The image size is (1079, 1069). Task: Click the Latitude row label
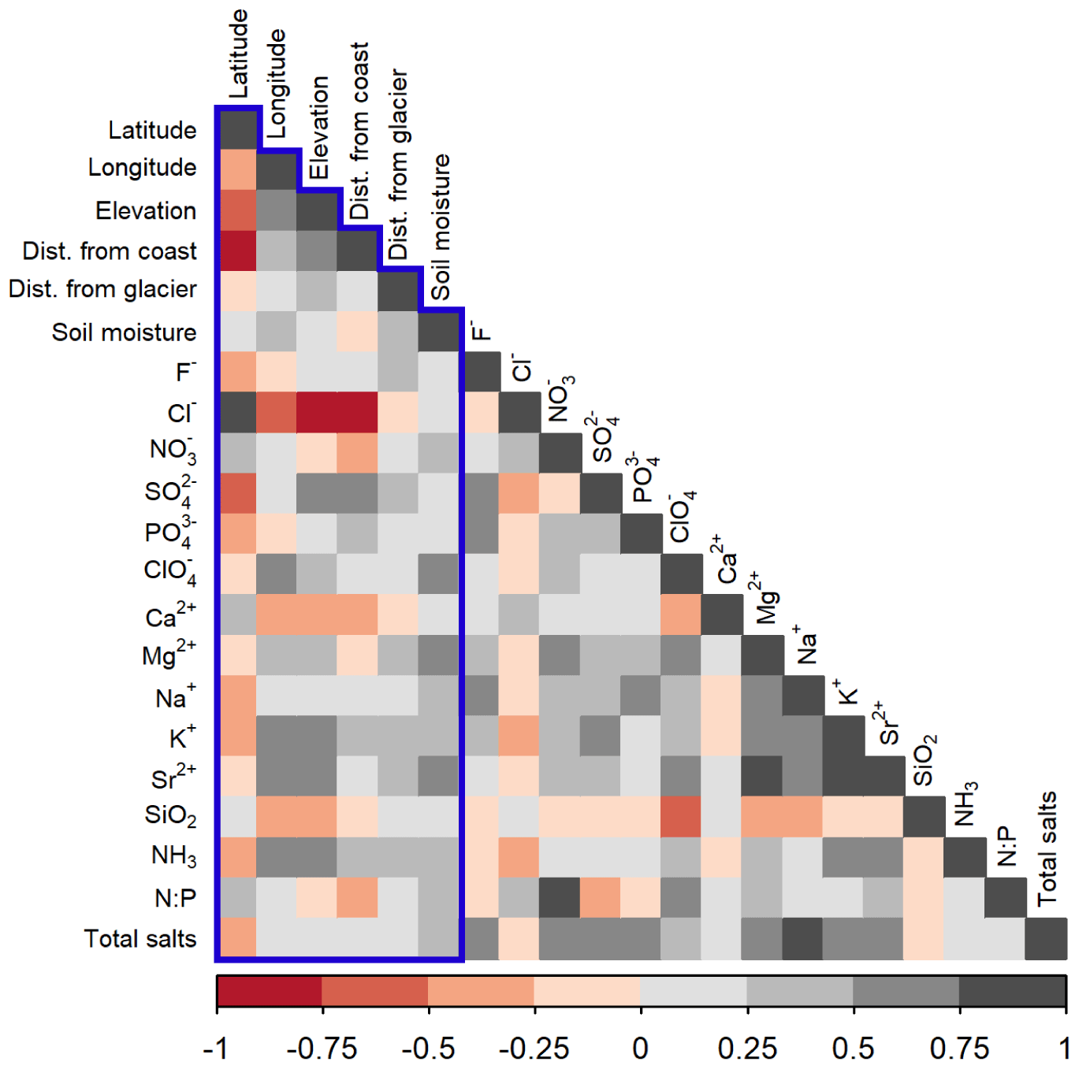point(152,130)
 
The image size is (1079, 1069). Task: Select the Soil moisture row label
point(124,332)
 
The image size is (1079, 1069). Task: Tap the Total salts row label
point(140,938)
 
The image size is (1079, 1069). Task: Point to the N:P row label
point(175,897)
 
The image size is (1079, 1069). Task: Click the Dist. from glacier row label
point(102,289)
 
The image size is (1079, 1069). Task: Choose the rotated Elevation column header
point(318,128)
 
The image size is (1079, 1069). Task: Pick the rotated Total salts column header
point(1047,848)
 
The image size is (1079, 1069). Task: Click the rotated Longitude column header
point(277,84)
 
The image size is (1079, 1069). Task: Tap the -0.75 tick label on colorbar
point(322,1049)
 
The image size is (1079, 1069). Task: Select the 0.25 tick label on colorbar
point(746,1049)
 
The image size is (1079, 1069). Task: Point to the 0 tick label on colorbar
point(640,1049)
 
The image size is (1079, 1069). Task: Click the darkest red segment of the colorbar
point(270,991)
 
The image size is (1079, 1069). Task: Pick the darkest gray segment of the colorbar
point(1012,991)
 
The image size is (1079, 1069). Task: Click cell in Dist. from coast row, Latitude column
point(237,251)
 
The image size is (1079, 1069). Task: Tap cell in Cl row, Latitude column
point(237,412)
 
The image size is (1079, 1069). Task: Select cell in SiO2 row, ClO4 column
point(681,816)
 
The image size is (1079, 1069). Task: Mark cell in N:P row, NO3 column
point(560,897)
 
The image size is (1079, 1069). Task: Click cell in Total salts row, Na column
point(802,938)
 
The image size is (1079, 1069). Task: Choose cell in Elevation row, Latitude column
point(237,210)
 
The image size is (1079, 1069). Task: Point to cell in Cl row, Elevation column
point(318,412)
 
